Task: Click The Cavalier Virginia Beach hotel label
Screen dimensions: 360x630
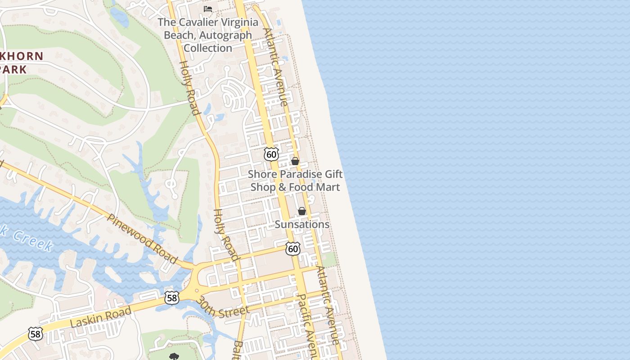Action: [x=207, y=35]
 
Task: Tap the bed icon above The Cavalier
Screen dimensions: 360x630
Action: [x=208, y=9]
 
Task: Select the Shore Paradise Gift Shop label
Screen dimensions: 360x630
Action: [x=295, y=180]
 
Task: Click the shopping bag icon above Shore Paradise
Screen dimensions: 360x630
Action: [x=295, y=161]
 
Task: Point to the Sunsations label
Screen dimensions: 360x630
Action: [x=302, y=224]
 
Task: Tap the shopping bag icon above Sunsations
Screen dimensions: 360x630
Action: [x=302, y=211]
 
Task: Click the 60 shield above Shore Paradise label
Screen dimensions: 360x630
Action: [x=271, y=154]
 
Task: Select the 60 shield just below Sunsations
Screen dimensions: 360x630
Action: [x=293, y=249]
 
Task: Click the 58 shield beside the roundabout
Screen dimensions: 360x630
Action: [x=172, y=297]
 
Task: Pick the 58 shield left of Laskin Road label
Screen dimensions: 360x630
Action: [x=35, y=333]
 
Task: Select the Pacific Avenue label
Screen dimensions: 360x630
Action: [x=309, y=326]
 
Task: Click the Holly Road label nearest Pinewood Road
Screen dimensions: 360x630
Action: [x=225, y=234]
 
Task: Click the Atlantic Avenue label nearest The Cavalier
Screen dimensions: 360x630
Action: [x=275, y=67]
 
